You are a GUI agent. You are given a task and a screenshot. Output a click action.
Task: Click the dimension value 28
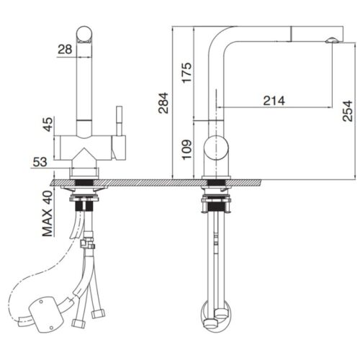[65, 48]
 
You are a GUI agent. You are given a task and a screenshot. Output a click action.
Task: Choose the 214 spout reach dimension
[273, 101]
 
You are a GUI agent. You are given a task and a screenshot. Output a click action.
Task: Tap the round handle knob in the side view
[216, 149]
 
